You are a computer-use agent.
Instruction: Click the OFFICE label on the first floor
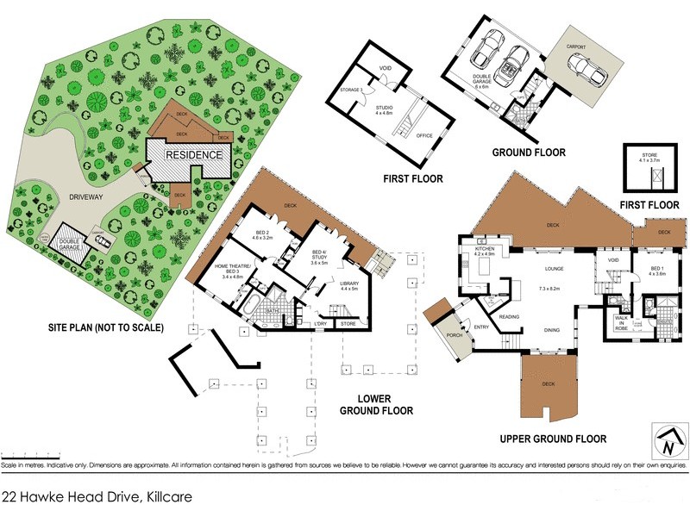[x=423, y=135]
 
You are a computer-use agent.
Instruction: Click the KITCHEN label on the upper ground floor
[x=483, y=251]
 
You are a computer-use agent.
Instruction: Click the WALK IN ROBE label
[x=621, y=323]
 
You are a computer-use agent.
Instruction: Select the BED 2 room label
[x=265, y=234]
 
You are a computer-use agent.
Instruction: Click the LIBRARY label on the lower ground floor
[x=348, y=286]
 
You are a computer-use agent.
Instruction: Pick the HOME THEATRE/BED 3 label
[x=235, y=270]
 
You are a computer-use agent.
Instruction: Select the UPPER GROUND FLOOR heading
[x=553, y=439]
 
